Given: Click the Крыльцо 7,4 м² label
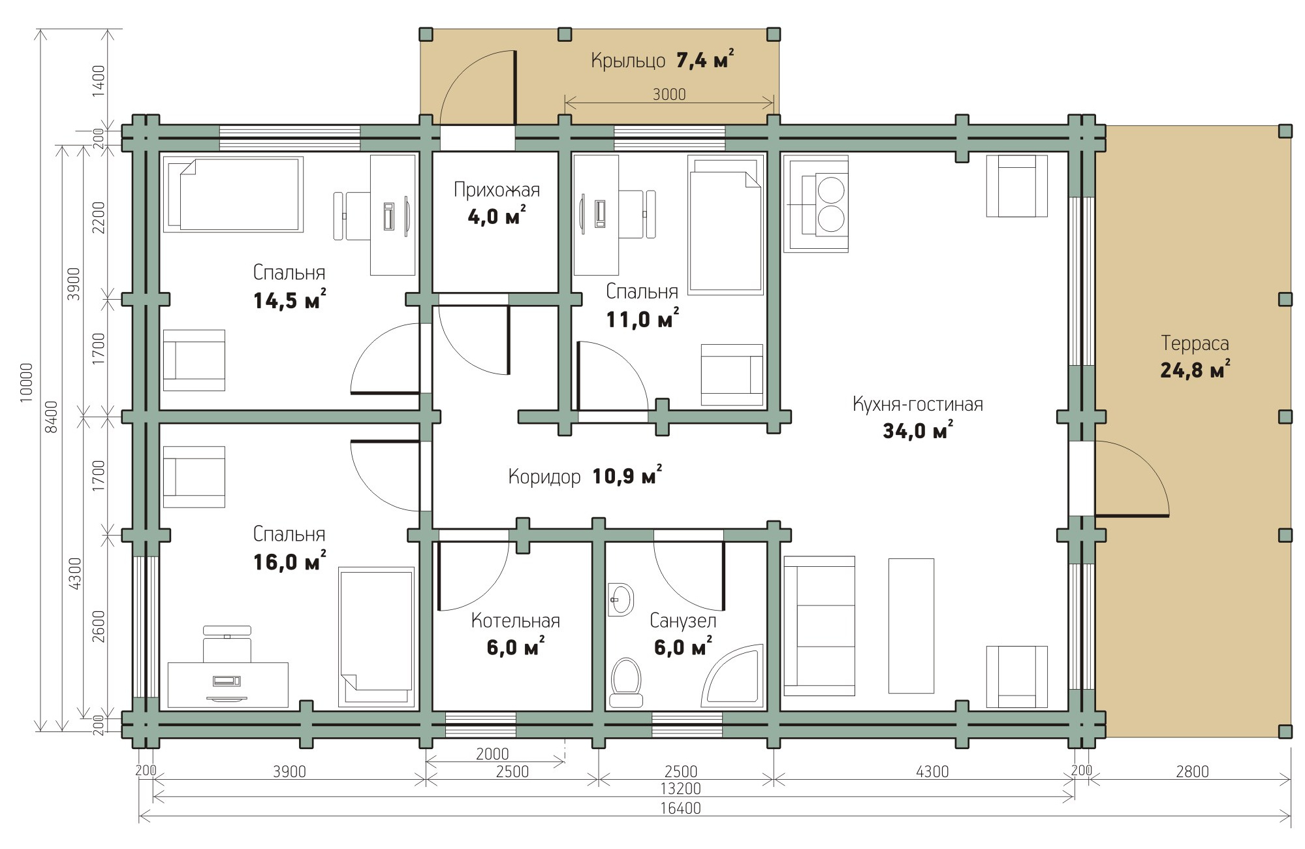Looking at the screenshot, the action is [x=662, y=60].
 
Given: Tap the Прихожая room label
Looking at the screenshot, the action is [x=497, y=190].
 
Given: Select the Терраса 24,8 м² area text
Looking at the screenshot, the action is [x=1195, y=357].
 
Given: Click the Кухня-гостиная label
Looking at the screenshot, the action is [x=917, y=404].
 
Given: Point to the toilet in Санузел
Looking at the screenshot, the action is [x=627, y=682].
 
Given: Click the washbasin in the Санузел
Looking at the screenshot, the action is [x=621, y=599].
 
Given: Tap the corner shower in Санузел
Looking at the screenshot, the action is [x=732, y=676].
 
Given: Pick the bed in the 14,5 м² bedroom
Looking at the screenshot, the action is [x=233, y=194].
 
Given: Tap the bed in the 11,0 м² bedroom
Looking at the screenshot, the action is [x=726, y=225].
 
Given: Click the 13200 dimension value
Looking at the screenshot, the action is [x=680, y=789].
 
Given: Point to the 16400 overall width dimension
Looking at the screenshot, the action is [x=680, y=809].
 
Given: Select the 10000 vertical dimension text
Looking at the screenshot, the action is [x=26, y=382].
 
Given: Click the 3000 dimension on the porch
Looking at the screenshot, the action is [x=669, y=94].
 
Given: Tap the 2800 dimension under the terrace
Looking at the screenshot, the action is [x=1193, y=771].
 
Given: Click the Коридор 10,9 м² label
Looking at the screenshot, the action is [x=585, y=477].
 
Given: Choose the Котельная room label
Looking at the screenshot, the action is [x=516, y=620].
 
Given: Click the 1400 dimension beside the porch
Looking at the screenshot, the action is [x=98, y=81].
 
